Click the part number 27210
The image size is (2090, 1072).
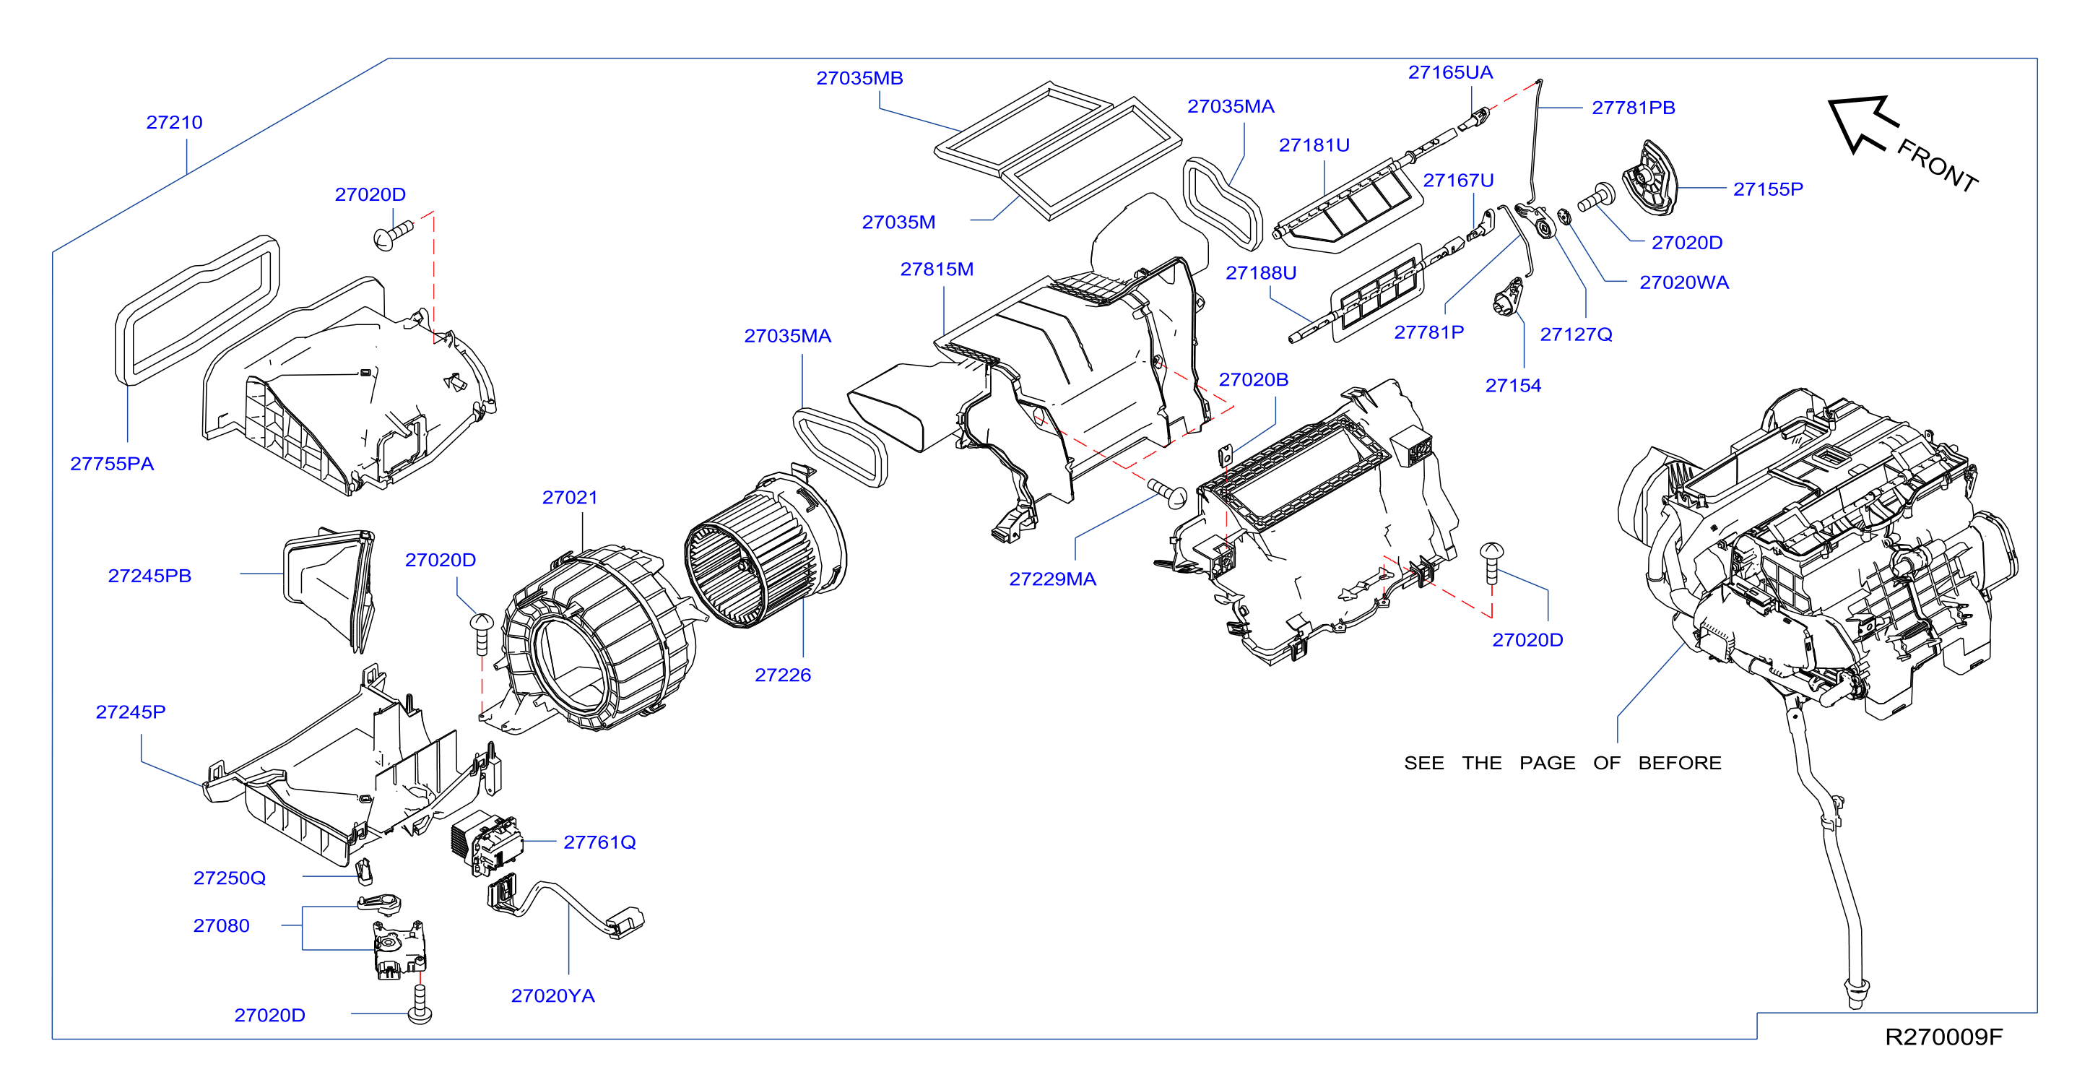pos(175,123)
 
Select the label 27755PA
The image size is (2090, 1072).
pos(112,464)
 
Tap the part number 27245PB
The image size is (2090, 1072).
pos(149,576)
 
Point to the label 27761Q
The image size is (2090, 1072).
pos(599,842)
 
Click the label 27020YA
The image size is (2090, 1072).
pos(552,995)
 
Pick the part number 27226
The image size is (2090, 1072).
pos(783,675)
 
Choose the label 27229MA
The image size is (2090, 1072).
pos(1052,579)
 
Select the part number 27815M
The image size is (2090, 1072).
pos(937,269)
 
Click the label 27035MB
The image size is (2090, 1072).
pos(859,79)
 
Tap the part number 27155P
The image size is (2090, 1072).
pos(1768,189)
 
